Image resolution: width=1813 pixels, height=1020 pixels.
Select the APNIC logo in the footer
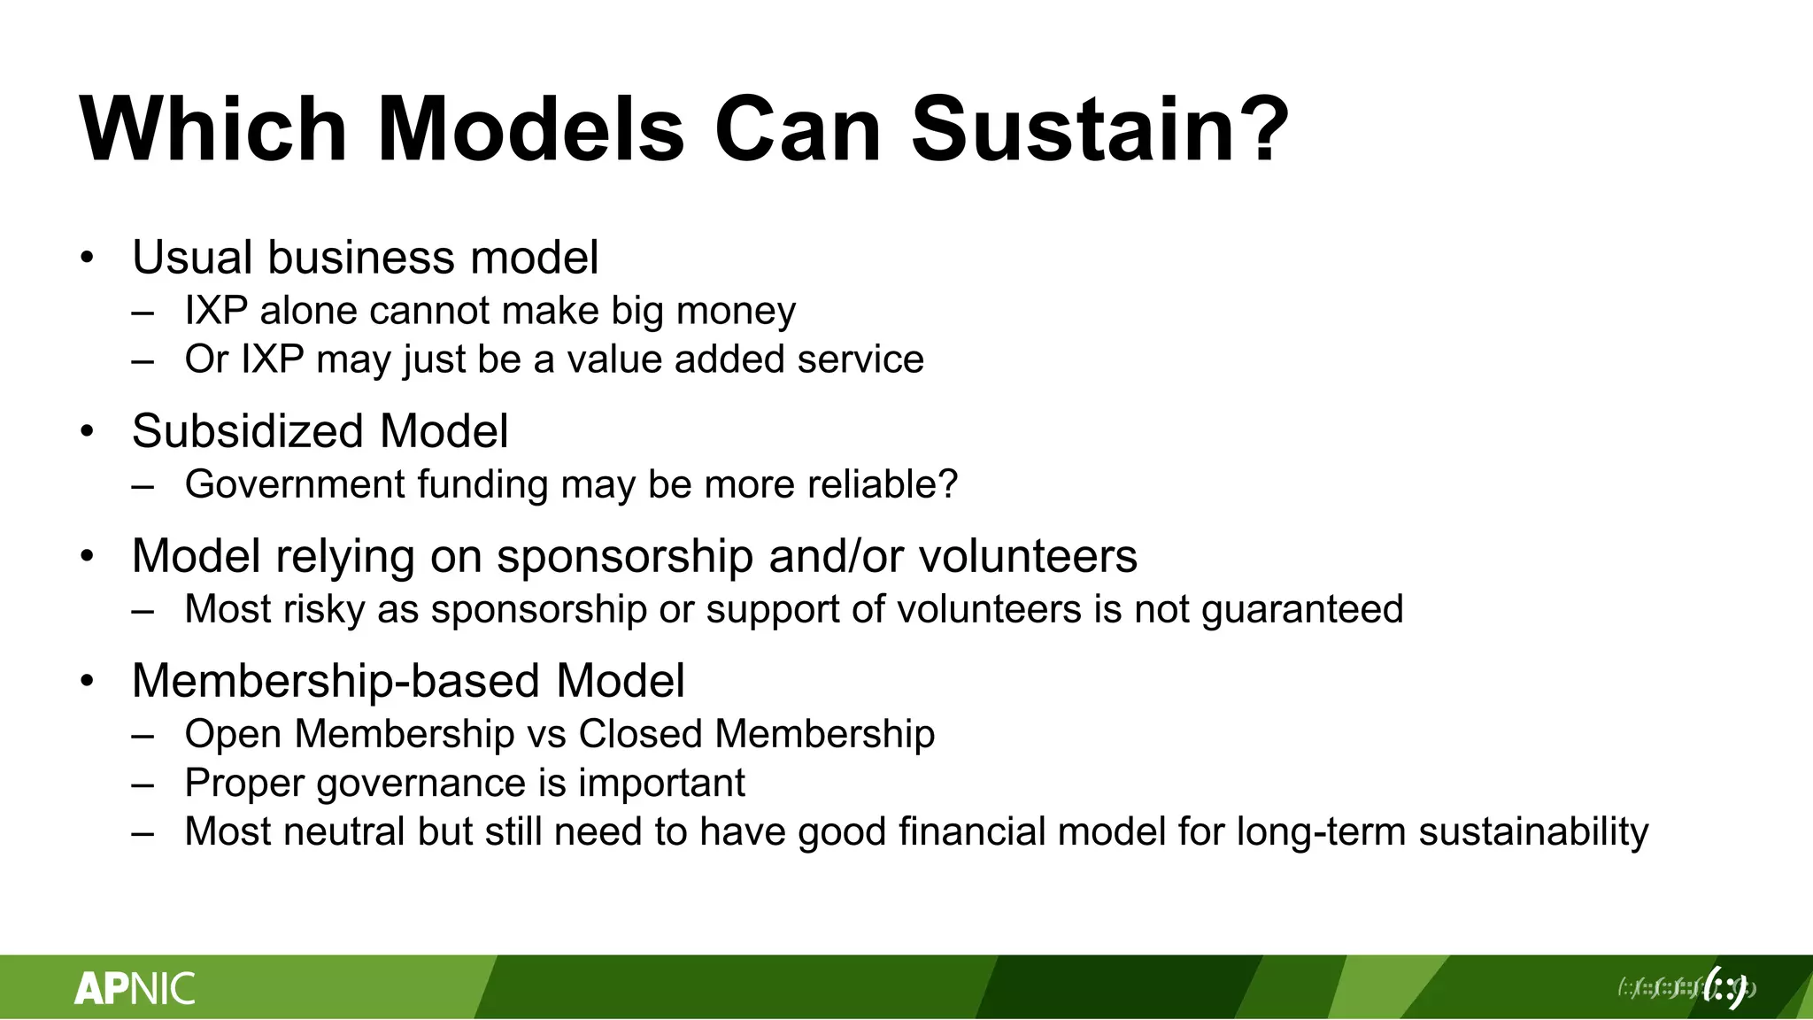click(135, 988)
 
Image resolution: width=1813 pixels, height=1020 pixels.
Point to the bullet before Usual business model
click(86, 259)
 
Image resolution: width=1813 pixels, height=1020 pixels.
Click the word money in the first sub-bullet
click(736, 311)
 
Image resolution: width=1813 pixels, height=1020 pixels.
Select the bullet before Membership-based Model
click(86, 682)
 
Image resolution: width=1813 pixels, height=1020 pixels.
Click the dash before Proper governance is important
click(143, 784)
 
